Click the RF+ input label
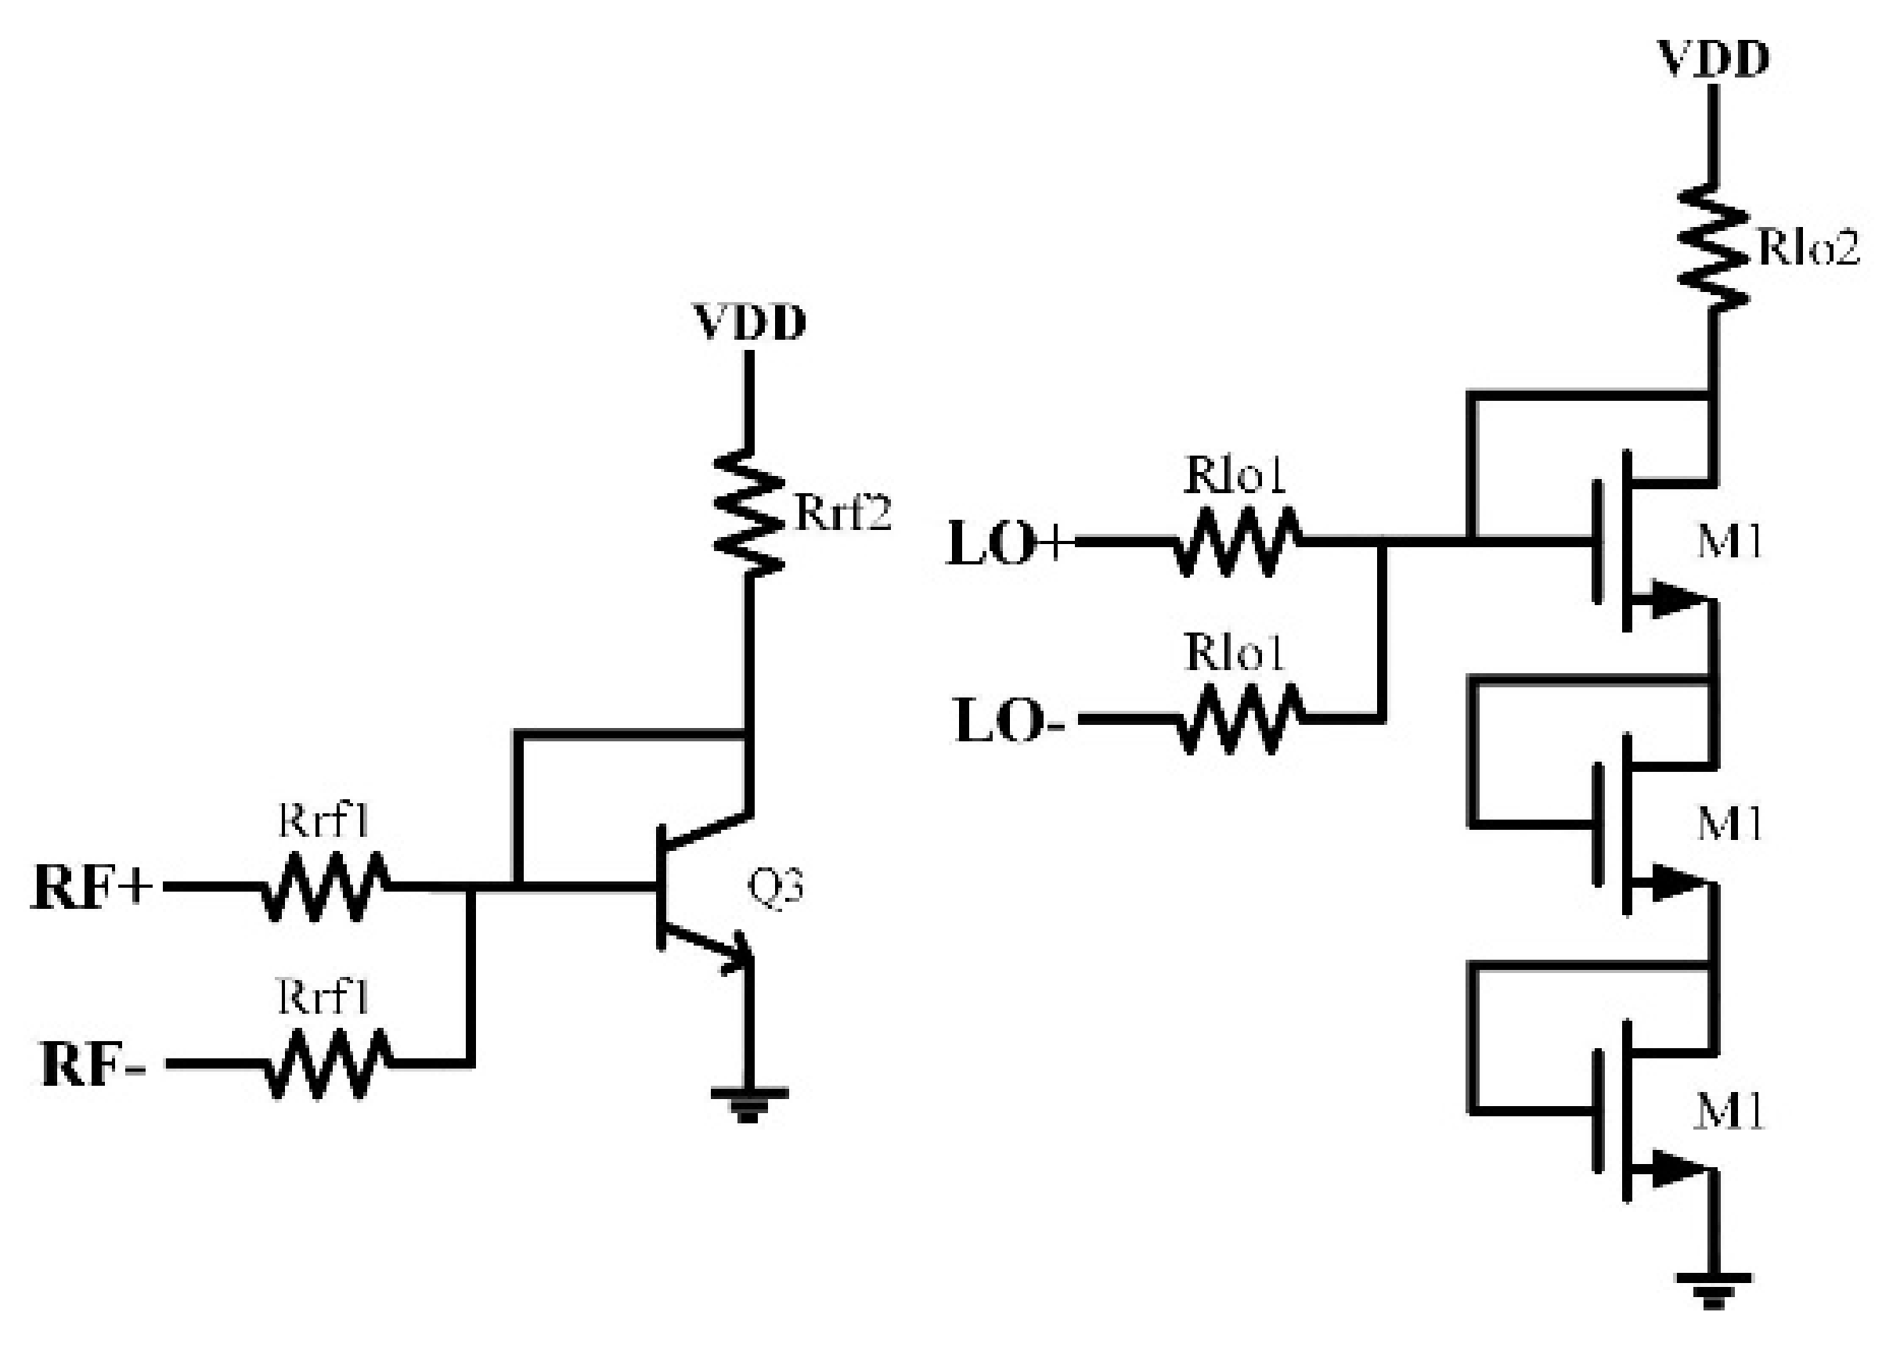(x=92, y=888)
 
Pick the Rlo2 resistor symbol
(x=1713, y=249)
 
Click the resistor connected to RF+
(x=324, y=886)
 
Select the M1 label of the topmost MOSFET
(x=1729, y=542)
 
